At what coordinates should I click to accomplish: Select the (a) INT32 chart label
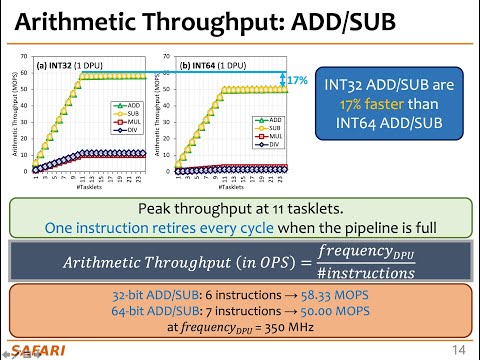coord(61,66)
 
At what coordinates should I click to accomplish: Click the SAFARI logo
coord(35,350)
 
